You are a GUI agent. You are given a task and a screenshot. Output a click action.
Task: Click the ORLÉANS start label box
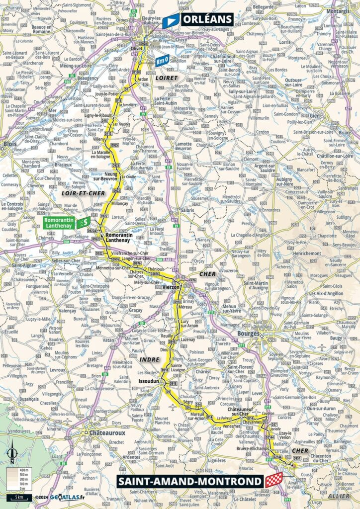pyautogui.click(x=206, y=19)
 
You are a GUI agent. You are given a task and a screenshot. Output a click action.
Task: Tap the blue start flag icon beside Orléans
pyautogui.click(x=170, y=21)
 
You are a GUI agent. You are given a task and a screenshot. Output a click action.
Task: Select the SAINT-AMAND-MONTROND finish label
pyautogui.click(x=188, y=481)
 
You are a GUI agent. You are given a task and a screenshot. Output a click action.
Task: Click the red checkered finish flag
pyautogui.click(x=274, y=480)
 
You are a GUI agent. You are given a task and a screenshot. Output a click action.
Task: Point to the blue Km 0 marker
pyautogui.click(x=162, y=60)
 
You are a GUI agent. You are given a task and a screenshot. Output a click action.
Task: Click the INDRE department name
pyautogui.click(x=150, y=358)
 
